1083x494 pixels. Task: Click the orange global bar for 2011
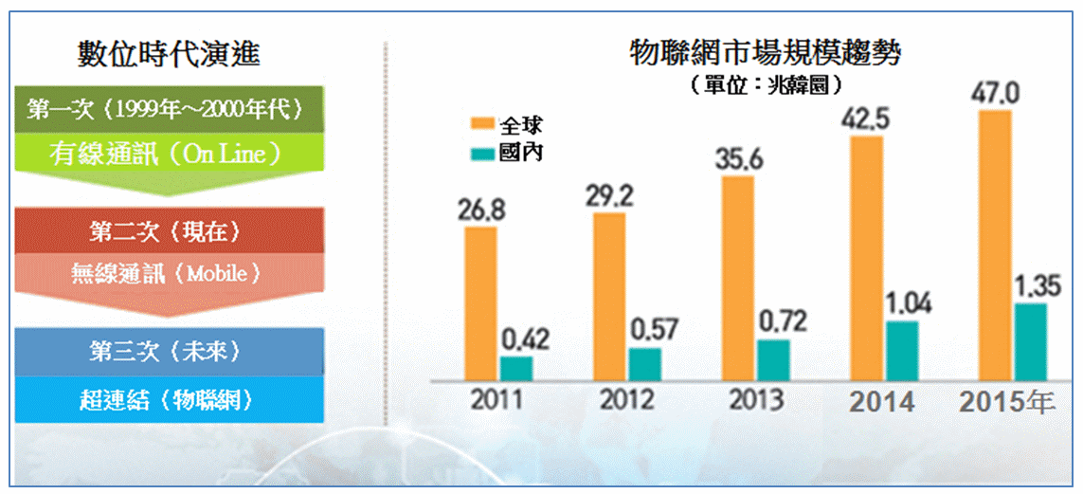point(480,303)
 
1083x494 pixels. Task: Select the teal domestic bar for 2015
point(1030,342)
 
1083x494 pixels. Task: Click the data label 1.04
point(907,304)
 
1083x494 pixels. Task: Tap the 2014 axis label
point(882,401)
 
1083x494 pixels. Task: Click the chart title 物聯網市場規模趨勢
point(765,53)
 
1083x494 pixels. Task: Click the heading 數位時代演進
point(169,55)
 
